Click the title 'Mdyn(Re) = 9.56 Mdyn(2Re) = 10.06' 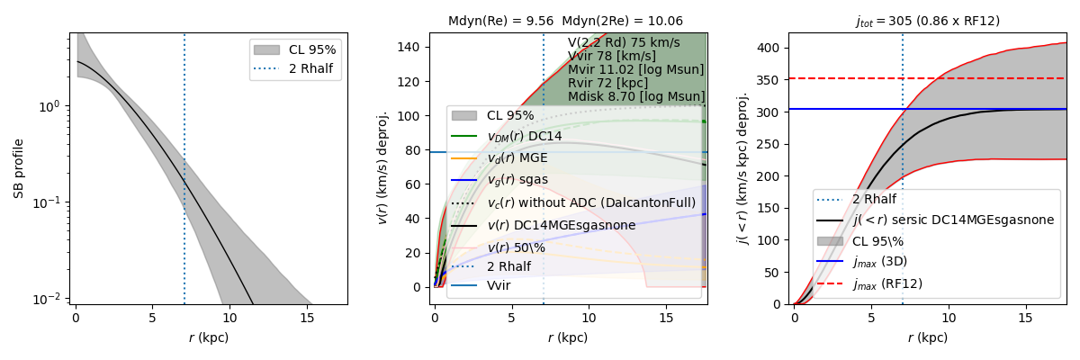click(x=565, y=21)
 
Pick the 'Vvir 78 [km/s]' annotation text click(x=610, y=56)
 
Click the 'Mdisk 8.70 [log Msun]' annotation click(x=636, y=96)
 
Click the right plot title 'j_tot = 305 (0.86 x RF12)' click(x=927, y=21)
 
